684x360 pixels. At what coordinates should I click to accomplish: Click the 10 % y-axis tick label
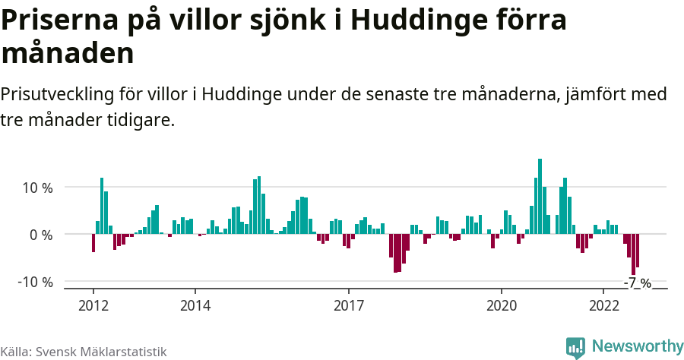pyautogui.click(x=36, y=188)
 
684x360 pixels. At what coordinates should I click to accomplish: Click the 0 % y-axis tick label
pyautogui.click(x=41, y=235)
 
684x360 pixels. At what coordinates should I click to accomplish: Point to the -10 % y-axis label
pyautogui.click(x=35, y=282)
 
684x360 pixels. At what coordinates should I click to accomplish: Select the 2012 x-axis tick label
pyautogui.click(x=93, y=305)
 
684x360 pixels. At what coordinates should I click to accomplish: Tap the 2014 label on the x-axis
pyautogui.click(x=195, y=305)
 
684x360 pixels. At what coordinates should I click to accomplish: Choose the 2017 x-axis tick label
pyautogui.click(x=348, y=305)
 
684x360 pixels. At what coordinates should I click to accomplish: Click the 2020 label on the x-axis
pyautogui.click(x=502, y=305)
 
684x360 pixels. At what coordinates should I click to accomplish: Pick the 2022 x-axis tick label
pyautogui.click(x=603, y=305)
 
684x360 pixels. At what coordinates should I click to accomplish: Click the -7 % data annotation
pyautogui.click(x=638, y=283)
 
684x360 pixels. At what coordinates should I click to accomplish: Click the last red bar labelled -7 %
pyautogui.click(x=638, y=251)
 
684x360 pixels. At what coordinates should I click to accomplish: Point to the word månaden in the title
pyautogui.click(x=68, y=53)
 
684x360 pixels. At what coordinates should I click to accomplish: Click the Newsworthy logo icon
pyautogui.click(x=575, y=347)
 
